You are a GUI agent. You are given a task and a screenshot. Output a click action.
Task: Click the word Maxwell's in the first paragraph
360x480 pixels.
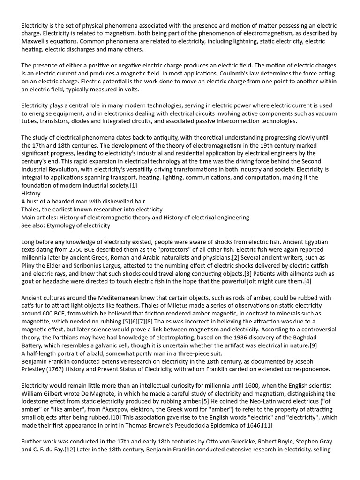point(35,41)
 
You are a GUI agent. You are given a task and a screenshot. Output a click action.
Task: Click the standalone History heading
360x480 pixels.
point(31,193)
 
